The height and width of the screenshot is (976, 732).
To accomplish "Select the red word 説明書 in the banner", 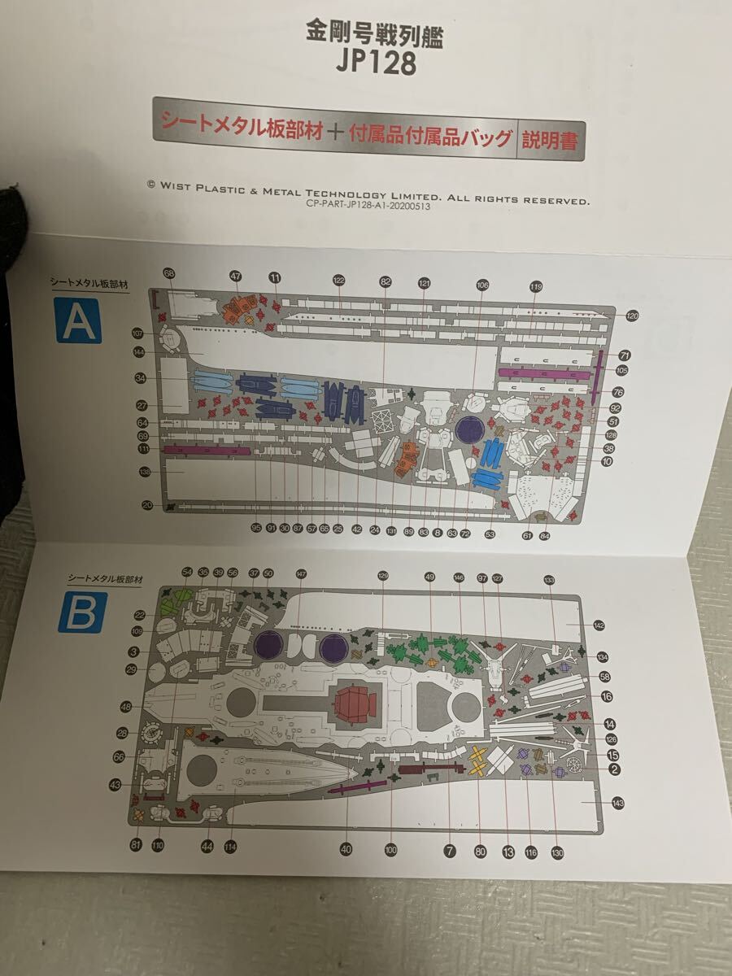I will [550, 140].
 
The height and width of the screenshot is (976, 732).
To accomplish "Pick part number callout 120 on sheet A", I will [633, 315].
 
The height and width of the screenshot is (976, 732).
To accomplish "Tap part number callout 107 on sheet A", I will [138, 333].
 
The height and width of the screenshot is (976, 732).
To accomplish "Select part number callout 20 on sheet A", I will [146, 505].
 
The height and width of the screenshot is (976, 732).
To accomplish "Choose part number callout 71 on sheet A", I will [625, 355].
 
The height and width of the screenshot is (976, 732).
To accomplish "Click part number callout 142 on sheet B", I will [599, 625].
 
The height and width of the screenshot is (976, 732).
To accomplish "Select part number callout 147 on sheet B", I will [302, 574].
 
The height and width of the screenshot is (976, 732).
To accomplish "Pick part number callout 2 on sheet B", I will [615, 769].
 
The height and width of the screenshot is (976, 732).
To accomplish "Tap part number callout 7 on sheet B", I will [449, 851].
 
